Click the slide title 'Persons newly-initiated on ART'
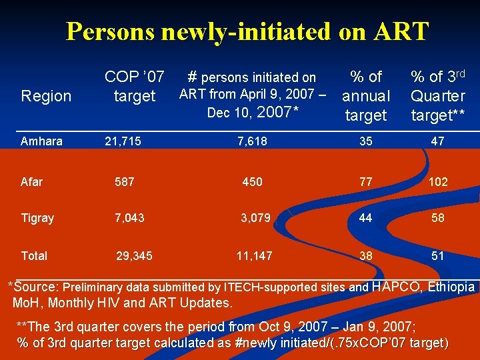pyautogui.click(x=247, y=31)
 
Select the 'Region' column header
pyautogui.click(x=46, y=96)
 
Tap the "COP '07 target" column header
pyautogui.click(x=135, y=87)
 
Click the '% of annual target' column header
pyautogui.click(x=365, y=96)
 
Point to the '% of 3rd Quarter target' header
pyautogui.click(x=438, y=96)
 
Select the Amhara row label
pyautogui.click(x=41, y=141)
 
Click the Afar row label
pyautogui.click(x=31, y=181)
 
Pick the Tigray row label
pyautogui.click(x=37, y=218)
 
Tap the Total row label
pyautogui.click(x=34, y=255)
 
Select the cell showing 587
pyautogui.click(x=124, y=181)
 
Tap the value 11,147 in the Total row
pyautogui.click(x=254, y=255)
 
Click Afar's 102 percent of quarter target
pyautogui.click(x=437, y=181)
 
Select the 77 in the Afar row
pyautogui.click(x=365, y=181)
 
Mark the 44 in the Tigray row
pyautogui.click(x=365, y=218)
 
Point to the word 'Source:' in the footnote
pyautogui.click(x=37, y=287)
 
